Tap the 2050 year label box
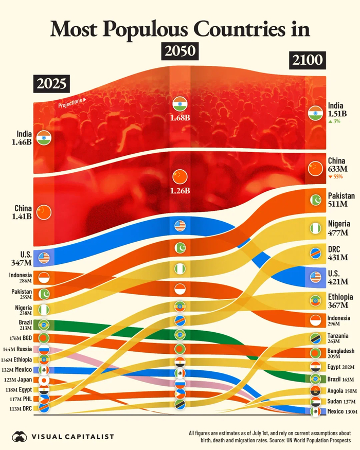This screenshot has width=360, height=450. coord(181,52)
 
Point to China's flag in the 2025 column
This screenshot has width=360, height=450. coord(44,210)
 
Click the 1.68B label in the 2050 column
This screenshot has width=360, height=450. coord(180,117)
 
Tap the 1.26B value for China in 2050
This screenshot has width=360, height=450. coord(180,191)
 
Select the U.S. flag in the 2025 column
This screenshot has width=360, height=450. coord(44,258)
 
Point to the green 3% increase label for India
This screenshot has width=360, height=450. coord(334,122)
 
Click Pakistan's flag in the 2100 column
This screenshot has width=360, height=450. coord(315,200)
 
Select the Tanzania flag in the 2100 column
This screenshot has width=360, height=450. coord(315,339)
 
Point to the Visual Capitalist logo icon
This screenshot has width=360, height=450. coord(20,437)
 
